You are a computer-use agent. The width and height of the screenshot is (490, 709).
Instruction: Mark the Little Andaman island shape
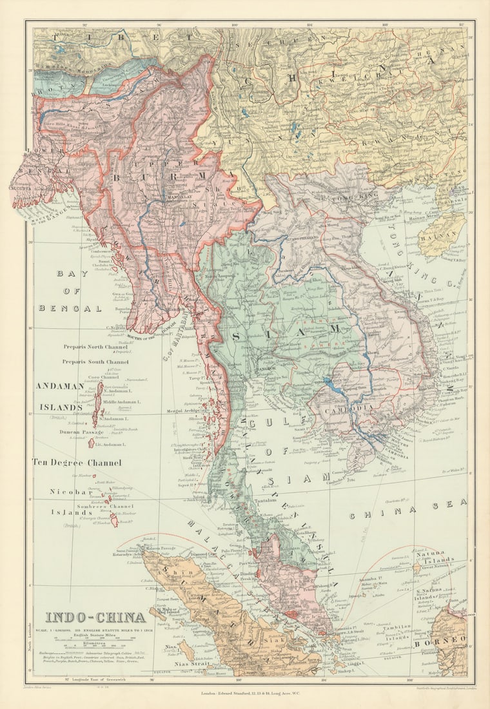tap(92, 443)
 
